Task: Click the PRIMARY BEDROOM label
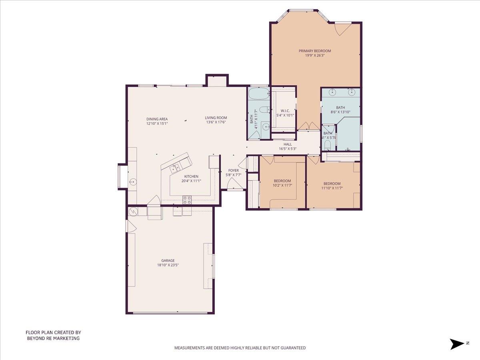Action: coord(315,51)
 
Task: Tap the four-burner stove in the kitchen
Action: coord(187,200)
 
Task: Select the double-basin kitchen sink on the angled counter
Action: coord(175,168)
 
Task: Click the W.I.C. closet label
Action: coord(285,110)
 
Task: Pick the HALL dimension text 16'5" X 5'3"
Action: coord(288,149)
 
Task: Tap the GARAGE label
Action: coord(168,260)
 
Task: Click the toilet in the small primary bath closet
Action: coord(327,144)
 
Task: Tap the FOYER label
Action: coord(233,170)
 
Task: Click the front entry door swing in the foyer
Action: coord(234,184)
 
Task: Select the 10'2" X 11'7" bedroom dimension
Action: coord(282,185)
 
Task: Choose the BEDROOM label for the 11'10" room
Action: coord(332,184)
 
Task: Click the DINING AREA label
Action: coord(157,119)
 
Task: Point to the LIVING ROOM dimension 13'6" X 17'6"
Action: coord(216,122)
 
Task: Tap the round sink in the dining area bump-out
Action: coord(132,182)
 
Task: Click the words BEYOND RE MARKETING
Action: coord(53,338)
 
